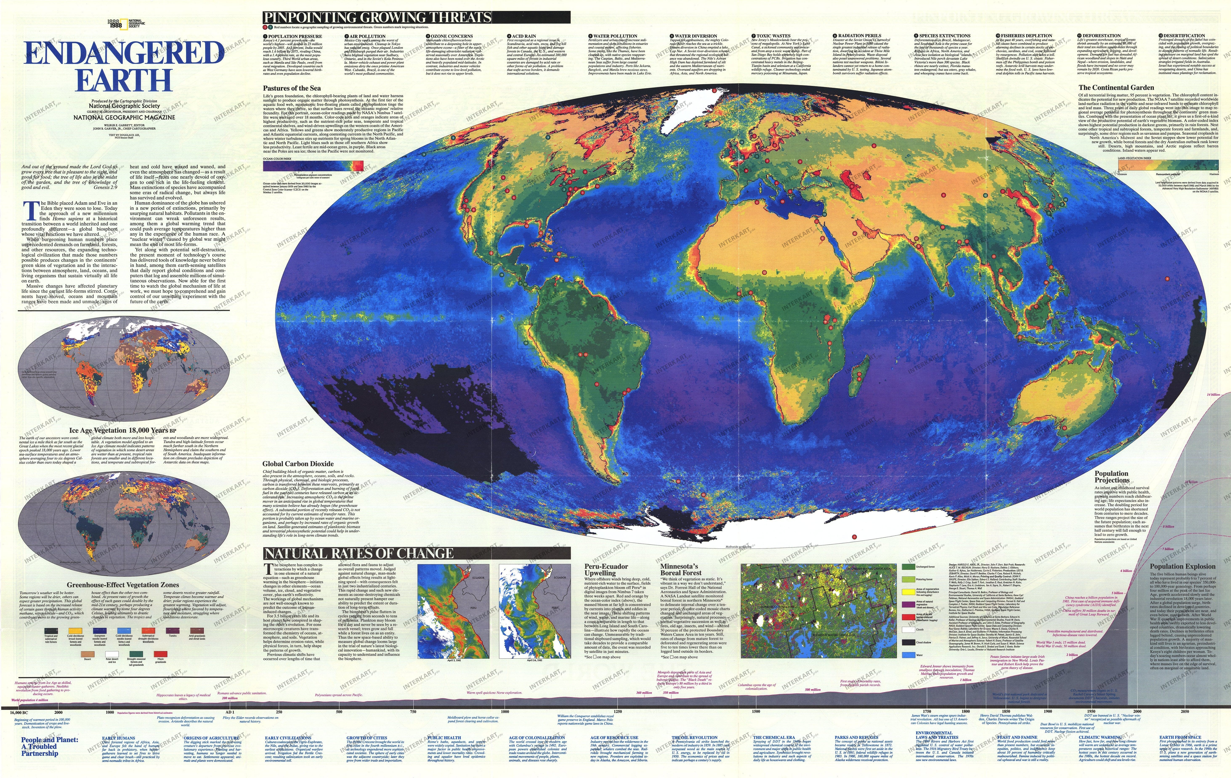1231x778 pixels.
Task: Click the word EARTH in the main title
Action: (124, 80)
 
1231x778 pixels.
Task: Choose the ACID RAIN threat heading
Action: (523, 36)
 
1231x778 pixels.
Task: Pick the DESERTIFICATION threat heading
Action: (1180, 36)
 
